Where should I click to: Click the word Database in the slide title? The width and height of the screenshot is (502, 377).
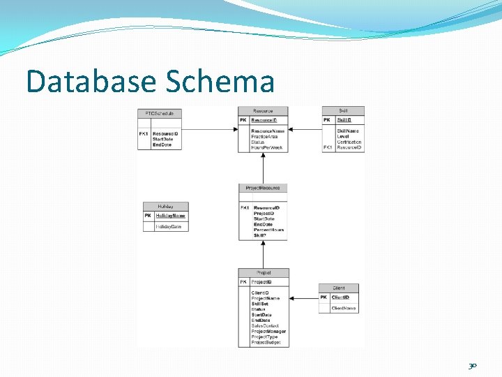point(91,82)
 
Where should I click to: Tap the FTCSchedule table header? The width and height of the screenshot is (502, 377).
point(160,112)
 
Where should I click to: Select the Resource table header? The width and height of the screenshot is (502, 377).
point(262,110)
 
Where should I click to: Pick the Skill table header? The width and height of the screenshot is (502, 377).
point(343,110)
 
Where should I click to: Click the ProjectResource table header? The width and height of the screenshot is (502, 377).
point(262,188)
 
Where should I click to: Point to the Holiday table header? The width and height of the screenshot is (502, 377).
point(165,206)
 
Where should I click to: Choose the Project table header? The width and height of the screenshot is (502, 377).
point(263,272)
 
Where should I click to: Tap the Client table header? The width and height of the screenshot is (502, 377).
point(339,288)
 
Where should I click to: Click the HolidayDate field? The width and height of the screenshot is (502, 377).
point(168,227)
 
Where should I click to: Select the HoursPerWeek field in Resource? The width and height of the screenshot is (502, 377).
point(267,148)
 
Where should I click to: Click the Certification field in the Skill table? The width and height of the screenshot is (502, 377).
point(349,142)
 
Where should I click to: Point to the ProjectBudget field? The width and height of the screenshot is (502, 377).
point(266,342)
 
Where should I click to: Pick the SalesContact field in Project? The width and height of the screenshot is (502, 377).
point(265,325)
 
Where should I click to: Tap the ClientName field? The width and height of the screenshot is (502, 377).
point(344,308)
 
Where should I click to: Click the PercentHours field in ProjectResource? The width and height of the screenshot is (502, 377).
point(269,230)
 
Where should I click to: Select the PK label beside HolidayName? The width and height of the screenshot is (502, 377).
point(148,216)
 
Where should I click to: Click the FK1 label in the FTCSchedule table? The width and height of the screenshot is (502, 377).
point(144,133)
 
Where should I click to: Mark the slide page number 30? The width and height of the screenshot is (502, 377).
point(473,365)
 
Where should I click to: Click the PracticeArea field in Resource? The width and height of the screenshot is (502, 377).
point(265,137)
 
